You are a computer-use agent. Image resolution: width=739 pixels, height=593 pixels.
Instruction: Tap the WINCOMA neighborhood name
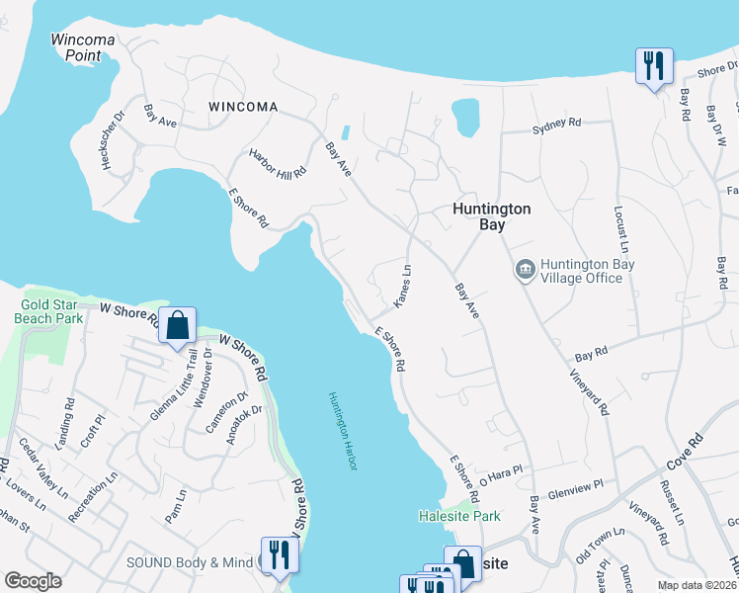point(242,106)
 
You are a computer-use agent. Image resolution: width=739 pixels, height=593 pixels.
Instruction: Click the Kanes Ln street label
point(402,285)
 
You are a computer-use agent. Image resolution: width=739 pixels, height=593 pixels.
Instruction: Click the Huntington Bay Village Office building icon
point(524,270)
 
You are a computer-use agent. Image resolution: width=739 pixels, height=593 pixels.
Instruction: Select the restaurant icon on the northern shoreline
point(653,66)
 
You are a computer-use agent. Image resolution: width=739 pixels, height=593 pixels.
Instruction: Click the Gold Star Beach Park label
point(48,312)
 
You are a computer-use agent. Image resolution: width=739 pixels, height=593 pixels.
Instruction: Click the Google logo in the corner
point(34,581)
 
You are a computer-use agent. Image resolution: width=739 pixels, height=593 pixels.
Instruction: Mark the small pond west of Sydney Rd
point(465,117)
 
